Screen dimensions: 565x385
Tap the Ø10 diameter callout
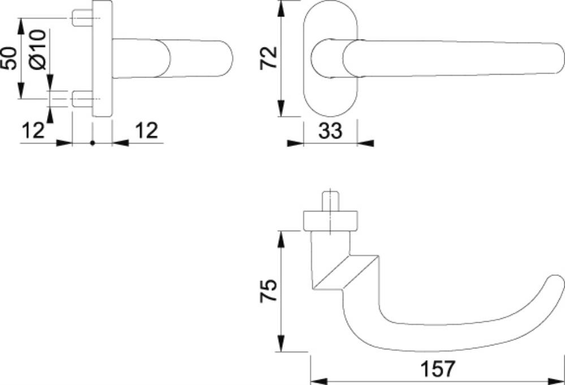click(x=38, y=49)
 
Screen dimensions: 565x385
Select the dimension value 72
click(x=269, y=58)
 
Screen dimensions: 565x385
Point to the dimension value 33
click(x=330, y=131)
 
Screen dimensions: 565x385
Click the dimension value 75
click(x=269, y=291)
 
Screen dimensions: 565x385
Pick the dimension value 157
click(x=438, y=369)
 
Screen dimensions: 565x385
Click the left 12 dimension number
click(x=33, y=131)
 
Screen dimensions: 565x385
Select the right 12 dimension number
click(x=146, y=131)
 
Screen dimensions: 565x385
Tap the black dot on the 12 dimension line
click(x=93, y=143)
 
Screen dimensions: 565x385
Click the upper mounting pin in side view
click(x=83, y=18)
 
